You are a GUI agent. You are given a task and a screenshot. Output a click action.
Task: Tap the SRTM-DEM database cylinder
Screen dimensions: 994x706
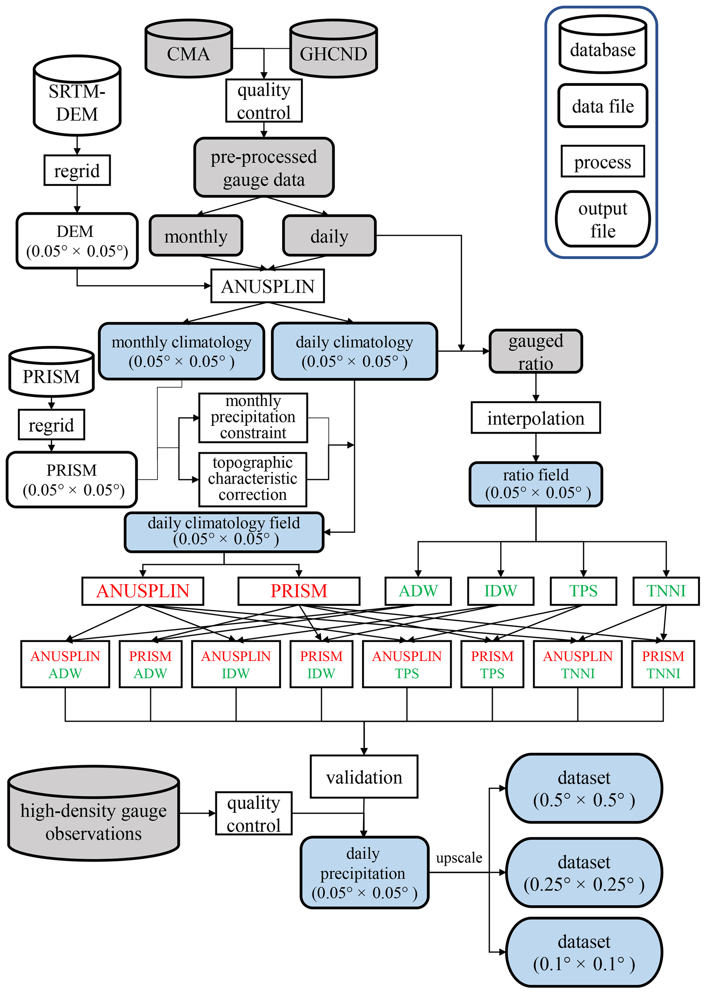click(77, 97)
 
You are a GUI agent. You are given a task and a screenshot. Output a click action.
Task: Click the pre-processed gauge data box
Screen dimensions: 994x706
click(264, 168)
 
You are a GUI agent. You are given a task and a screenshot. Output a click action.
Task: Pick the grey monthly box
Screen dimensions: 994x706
click(196, 236)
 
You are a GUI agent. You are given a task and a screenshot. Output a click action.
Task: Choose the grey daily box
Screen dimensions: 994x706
click(329, 236)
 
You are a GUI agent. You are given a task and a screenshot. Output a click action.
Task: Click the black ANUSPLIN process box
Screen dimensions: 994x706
click(267, 286)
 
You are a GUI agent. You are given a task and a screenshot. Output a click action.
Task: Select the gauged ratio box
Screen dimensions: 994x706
click(536, 351)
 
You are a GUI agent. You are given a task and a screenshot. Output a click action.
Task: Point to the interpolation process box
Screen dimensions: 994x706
click(536, 418)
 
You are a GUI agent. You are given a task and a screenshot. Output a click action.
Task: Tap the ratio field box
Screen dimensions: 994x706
click(536, 484)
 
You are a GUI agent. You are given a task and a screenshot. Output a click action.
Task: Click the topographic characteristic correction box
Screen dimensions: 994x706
click(252, 479)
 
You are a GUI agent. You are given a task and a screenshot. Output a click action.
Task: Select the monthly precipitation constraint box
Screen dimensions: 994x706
click(253, 418)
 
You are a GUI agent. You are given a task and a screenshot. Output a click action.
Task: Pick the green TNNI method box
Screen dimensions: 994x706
click(666, 591)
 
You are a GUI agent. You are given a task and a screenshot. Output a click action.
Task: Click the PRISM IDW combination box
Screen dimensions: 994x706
click(321, 664)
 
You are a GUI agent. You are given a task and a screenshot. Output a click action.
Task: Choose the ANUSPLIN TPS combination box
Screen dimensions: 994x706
click(406, 664)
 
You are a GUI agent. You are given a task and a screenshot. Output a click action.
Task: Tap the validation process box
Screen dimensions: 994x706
click(364, 777)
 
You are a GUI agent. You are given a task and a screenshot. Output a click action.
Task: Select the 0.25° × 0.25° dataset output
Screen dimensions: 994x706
click(584, 873)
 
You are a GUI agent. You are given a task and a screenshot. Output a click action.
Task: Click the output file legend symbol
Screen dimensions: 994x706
click(603, 219)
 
